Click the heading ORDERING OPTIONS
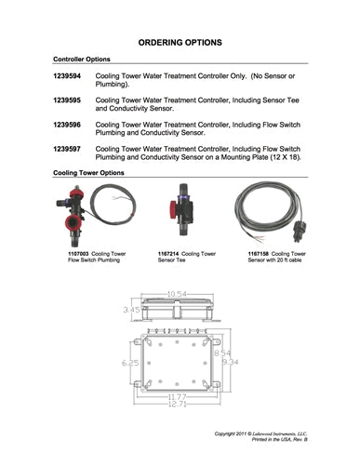[x=180, y=43]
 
